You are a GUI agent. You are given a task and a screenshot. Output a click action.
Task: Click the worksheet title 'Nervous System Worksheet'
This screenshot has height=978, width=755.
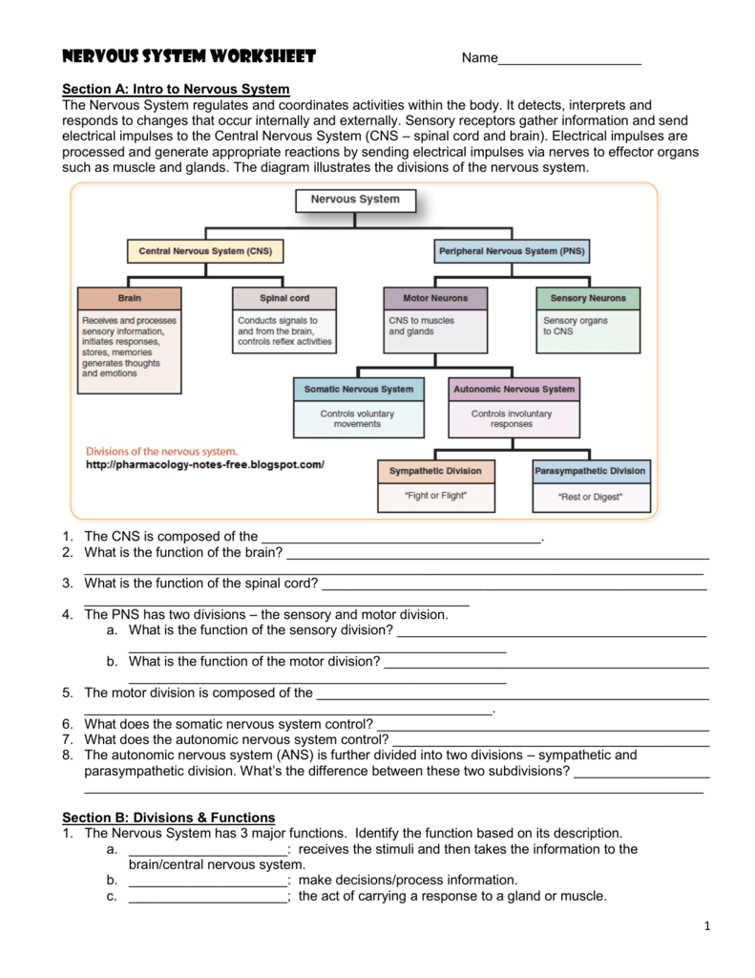click(x=188, y=56)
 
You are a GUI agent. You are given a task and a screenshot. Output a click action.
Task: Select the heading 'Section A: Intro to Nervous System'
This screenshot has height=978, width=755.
click(x=176, y=89)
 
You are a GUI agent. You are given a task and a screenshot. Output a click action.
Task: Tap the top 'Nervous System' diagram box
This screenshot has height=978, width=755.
click(x=355, y=200)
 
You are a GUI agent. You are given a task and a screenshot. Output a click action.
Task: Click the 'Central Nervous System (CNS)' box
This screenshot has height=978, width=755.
click(x=205, y=251)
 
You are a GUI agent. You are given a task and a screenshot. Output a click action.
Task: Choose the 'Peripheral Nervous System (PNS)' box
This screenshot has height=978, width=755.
click(x=512, y=251)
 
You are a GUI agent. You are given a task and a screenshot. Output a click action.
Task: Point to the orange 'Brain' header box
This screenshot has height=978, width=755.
click(x=129, y=298)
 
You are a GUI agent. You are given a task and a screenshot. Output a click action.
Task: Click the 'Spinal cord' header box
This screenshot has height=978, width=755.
click(x=284, y=298)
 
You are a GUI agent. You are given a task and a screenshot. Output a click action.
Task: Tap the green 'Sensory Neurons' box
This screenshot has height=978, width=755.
click(x=588, y=298)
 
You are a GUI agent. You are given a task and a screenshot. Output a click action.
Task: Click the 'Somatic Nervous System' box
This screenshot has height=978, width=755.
click(x=358, y=389)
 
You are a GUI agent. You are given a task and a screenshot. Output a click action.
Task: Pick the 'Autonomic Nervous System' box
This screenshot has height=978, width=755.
click(x=514, y=389)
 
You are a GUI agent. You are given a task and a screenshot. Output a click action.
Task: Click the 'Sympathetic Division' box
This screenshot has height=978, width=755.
click(x=435, y=471)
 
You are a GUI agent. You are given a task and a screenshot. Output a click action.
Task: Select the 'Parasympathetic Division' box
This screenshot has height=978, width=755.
click(x=590, y=471)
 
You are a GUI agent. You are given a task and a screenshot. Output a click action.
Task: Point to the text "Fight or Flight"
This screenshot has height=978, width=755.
click(x=435, y=496)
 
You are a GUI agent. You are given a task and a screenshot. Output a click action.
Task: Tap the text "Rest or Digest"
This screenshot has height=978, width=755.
click(x=590, y=497)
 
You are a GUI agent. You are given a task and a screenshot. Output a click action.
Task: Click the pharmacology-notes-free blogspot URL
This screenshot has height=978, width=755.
click(x=205, y=465)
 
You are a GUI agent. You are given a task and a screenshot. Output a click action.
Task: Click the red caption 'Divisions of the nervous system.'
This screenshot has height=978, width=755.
click(x=161, y=452)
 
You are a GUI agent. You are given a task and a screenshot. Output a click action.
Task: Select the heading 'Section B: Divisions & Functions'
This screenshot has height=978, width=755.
click(x=168, y=818)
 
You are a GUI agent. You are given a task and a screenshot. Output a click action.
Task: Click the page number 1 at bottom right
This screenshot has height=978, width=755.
click(x=707, y=925)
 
